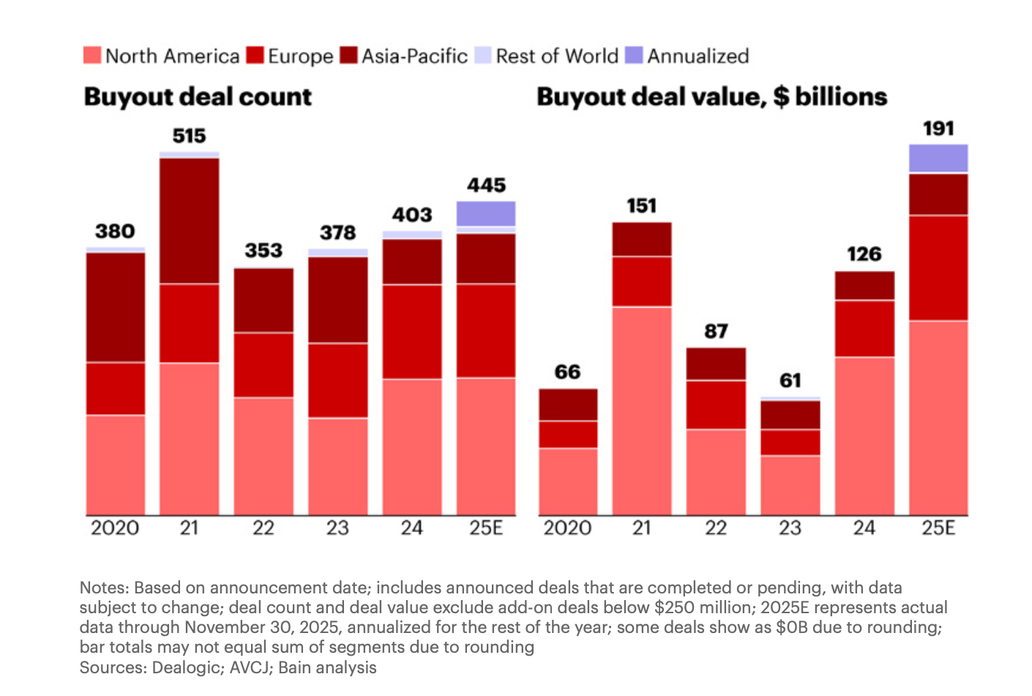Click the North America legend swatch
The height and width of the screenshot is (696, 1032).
92,56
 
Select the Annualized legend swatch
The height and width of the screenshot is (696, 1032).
635,56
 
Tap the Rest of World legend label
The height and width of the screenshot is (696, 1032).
557,56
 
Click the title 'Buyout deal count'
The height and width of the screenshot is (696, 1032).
198,97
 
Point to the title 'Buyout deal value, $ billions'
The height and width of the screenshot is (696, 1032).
711,97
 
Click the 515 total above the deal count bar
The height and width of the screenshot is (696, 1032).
189,136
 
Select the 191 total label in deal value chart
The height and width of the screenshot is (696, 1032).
938,129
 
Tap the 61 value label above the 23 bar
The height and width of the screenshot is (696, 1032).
790,380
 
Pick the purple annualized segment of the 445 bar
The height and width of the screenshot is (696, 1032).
486,213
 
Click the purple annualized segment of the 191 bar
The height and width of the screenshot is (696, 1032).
938,158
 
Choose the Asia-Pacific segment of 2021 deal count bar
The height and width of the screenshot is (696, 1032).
189,221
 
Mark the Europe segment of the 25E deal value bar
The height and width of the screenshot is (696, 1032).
938,267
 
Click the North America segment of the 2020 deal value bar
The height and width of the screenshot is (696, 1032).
568,481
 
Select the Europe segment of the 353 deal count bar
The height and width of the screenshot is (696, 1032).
263,365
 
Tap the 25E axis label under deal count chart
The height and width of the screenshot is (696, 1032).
486,527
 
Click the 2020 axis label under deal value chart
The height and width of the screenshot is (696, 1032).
567,527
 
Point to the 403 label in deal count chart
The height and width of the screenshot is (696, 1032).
412,215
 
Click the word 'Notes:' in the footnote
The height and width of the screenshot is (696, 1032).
105,588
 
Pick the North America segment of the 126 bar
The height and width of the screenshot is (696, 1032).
864,436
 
